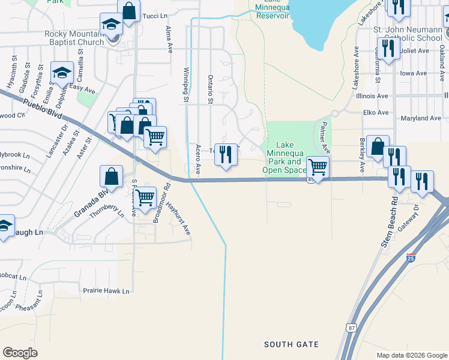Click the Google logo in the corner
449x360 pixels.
(x=20, y=353)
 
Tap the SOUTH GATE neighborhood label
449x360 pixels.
(x=291, y=344)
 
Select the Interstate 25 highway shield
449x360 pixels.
(x=411, y=258)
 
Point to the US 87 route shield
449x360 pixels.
(x=351, y=327)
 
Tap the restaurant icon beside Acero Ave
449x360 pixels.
(x=226, y=154)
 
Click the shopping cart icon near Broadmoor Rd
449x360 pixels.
(x=145, y=197)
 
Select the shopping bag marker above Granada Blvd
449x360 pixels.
(x=111, y=176)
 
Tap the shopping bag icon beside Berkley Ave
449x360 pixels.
(x=377, y=146)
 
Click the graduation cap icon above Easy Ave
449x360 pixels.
(x=61, y=73)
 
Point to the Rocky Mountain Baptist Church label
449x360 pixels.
(x=74, y=38)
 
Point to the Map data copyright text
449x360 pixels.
(x=411, y=355)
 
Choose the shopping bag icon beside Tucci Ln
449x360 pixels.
(x=129, y=10)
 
